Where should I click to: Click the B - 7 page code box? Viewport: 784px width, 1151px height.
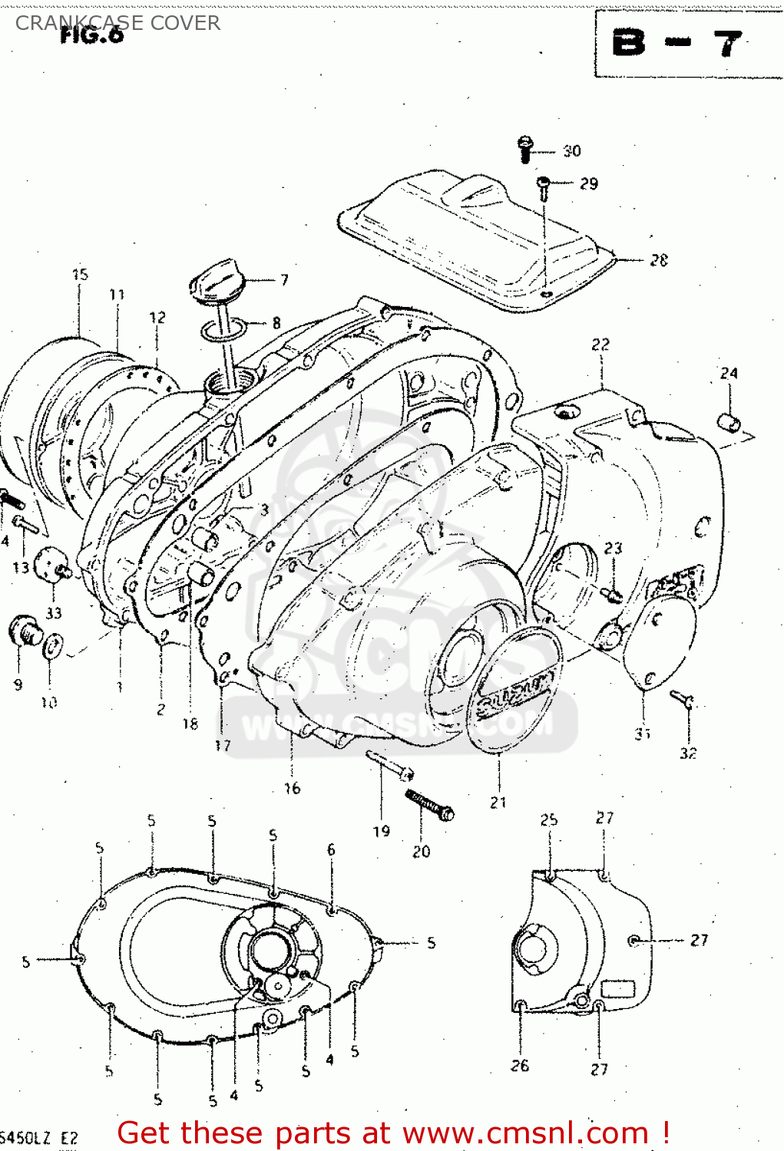[676, 44]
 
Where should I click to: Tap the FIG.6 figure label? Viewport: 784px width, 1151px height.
[91, 35]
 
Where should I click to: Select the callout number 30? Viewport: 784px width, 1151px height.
[572, 151]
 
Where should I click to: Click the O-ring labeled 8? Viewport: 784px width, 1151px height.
[223, 331]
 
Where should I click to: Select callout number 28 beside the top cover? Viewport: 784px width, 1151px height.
[659, 260]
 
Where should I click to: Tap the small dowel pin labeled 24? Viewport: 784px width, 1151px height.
[729, 422]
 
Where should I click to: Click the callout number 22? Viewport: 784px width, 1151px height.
[600, 345]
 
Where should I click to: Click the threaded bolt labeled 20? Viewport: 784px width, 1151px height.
[430, 805]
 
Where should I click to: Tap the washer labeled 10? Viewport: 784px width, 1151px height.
[51, 646]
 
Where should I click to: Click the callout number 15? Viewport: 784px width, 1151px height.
[80, 274]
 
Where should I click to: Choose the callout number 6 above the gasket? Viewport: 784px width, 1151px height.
[331, 849]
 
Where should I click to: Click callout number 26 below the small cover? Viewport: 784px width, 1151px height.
[520, 1065]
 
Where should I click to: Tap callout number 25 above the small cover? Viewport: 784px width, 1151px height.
[548, 820]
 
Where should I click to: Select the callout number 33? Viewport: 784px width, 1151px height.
[54, 612]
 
